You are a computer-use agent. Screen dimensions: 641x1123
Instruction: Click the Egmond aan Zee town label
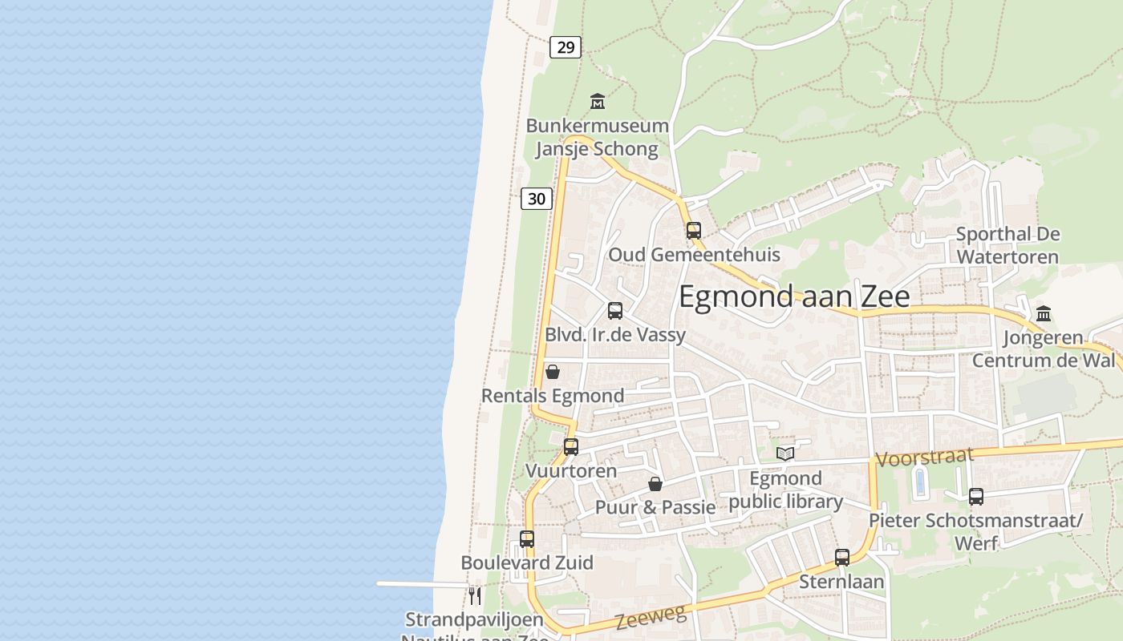(794, 296)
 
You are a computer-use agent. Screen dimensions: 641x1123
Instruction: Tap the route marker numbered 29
(566, 47)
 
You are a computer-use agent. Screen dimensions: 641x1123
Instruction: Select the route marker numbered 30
(537, 198)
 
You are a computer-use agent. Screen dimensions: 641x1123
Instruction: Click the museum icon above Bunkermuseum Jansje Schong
(598, 102)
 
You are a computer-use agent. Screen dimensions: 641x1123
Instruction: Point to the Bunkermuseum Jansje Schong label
(597, 137)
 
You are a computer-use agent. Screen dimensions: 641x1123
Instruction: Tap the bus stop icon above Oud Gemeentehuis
(694, 231)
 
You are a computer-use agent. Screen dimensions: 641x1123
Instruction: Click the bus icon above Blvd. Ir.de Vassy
(615, 311)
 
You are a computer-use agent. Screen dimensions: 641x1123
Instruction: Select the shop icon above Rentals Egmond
(553, 372)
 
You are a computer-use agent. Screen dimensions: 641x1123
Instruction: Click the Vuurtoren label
(571, 470)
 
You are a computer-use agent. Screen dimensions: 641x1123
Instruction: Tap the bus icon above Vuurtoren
(571, 447)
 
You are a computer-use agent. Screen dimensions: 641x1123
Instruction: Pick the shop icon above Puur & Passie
(655, 484)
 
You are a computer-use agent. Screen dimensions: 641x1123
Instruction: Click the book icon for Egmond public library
(785, 454)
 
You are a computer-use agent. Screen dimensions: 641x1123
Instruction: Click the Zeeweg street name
(651, 617)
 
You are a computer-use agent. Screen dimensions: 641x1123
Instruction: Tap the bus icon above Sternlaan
(842, 558)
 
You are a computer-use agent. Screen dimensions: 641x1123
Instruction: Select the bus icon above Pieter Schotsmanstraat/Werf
(976, 497)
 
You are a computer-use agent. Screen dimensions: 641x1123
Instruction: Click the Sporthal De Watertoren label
(1007, 245)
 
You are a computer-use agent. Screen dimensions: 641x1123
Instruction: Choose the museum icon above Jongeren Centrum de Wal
(1044, 313)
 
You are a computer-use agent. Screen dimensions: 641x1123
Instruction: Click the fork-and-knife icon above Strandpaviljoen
(475, 595)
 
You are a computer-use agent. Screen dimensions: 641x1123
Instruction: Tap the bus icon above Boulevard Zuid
(527, 539)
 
